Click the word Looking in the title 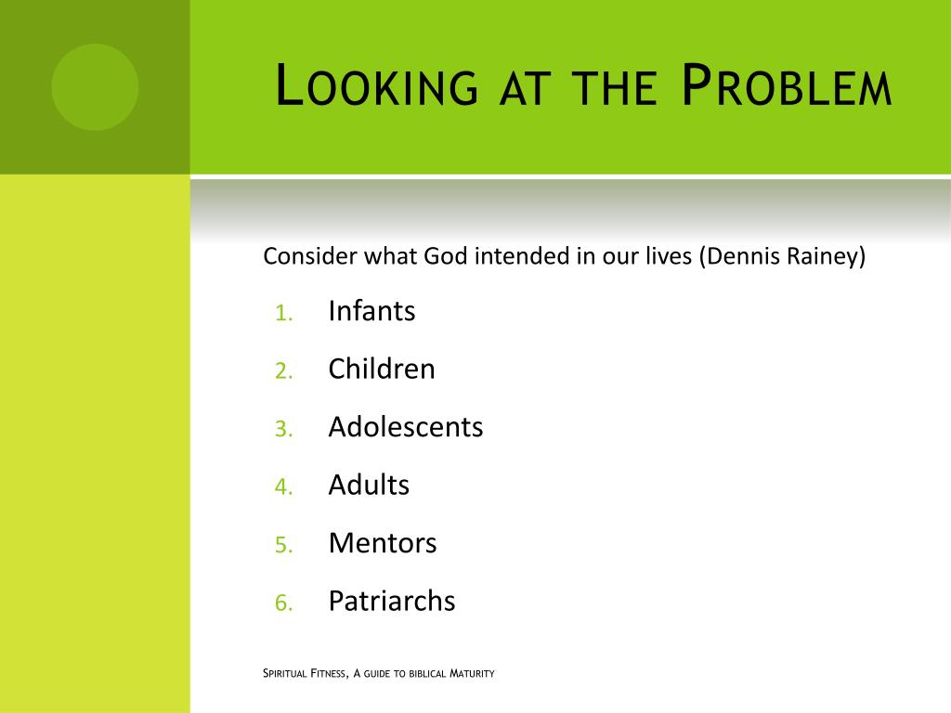(378, 87)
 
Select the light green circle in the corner (95, 86)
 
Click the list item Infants (371, 311)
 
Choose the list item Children (382, 369)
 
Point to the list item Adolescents (406, 427)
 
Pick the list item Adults (369, 485)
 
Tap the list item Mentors (383, 543)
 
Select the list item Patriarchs (392, 601)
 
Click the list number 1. (283, 314)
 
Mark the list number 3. (283, 430)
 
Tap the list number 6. (283, 603)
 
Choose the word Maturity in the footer (472, 673)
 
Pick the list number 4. (283, 487)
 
